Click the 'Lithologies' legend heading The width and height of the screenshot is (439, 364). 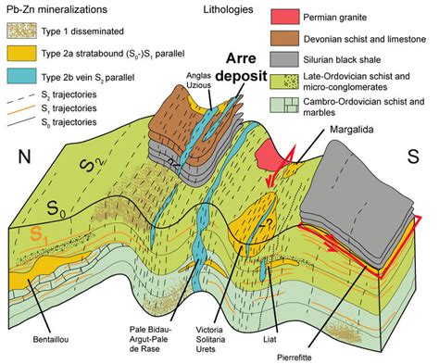click(226, 12)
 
